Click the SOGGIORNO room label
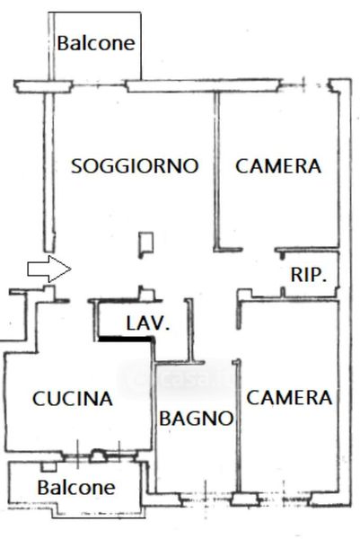point(135,165)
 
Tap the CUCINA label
point(73,399)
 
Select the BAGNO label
point(197,419)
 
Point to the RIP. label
point(309,275)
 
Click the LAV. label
point(148,323)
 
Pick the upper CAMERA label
point(278,166)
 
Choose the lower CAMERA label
point(289,398)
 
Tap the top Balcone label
point(96,43)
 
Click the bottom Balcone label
point(76,488)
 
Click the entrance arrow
point(49,269)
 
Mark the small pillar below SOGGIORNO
point(145,244)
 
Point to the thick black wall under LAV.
point(126,339)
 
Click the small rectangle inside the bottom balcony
point(48,467)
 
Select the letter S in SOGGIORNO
point(76,166)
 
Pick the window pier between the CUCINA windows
point(98,455)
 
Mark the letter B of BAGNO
point(165,419)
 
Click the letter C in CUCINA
point(39,399)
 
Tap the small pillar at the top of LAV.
point(146,294)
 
